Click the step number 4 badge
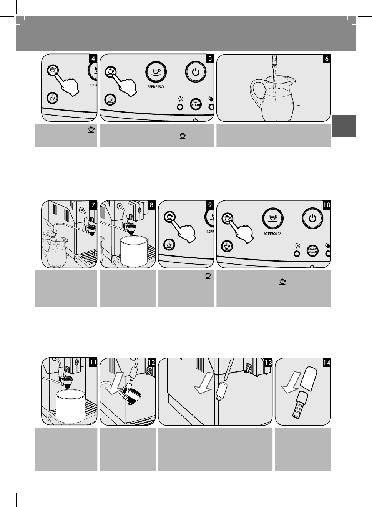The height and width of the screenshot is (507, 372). click(93, 59)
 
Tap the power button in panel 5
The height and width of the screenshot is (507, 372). click(196, 72)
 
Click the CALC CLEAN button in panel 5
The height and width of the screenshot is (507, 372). click(196, 104)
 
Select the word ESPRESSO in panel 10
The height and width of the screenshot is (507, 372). click(272, 233)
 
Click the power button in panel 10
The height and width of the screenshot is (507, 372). click(312, 219)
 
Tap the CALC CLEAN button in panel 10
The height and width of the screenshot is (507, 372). click(312, 250)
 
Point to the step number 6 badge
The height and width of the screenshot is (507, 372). click(327, 59)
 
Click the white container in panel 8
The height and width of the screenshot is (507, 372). click(134, 251)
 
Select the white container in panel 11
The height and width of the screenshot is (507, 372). click(70, 406)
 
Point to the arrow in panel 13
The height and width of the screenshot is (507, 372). click(204, 383)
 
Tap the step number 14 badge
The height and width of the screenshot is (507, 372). click(327, 363)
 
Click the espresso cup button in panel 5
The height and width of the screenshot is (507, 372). click(156, 72)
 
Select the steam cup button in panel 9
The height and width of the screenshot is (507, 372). click(169, 244)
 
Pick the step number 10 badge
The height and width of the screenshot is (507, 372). click(327, 205)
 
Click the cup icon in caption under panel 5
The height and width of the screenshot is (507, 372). click(183, 136)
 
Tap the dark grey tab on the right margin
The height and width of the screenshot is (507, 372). click(344, 126)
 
